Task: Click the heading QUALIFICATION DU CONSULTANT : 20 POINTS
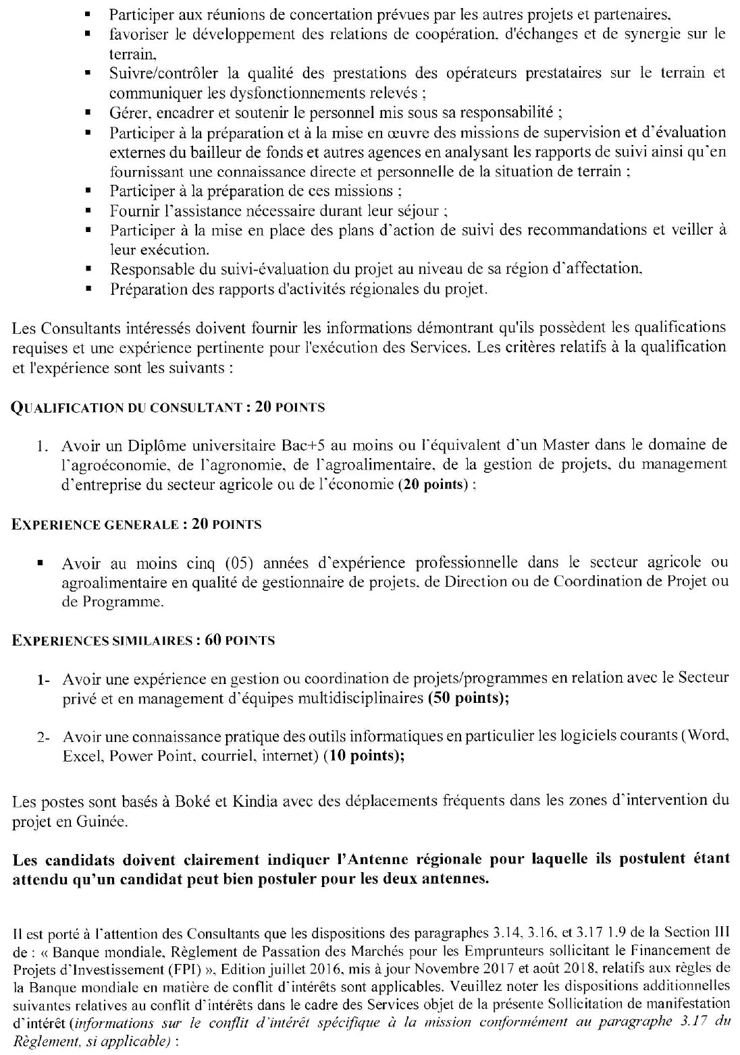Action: pyautogui.click(x=169, y=407)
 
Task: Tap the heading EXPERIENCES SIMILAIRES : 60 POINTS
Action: pyautogui.click(x=143, y=640)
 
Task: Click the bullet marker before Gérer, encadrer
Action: pyautogui.click(x=88, y=113)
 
